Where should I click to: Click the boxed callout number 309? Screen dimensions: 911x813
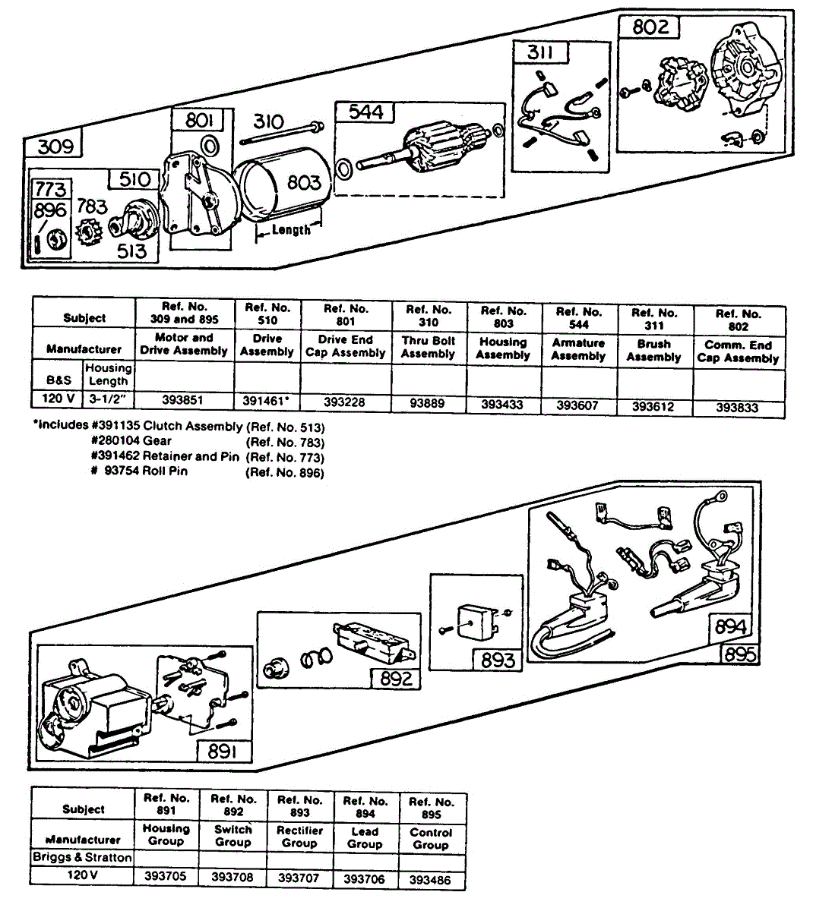(x=55, y=146)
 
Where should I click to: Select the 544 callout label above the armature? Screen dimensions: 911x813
(x=365, y=112)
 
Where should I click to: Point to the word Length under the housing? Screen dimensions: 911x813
(x=291, y=229)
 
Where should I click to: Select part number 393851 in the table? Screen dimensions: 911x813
(x=183, y=399)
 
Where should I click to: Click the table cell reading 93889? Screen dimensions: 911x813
(x=427, y=403)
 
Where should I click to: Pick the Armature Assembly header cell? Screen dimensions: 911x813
(x=578, y=349)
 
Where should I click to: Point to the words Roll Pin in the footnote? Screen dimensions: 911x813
(x=165, y=471)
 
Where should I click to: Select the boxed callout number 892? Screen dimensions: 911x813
(x=395, y=678)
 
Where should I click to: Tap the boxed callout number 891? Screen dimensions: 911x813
(x=222, y=751)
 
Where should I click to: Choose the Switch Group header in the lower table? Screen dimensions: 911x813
(x=233, y=836)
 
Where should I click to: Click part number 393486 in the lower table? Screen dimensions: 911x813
(x=430, y=879)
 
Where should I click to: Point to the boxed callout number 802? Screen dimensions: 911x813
(x=651, y=27)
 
